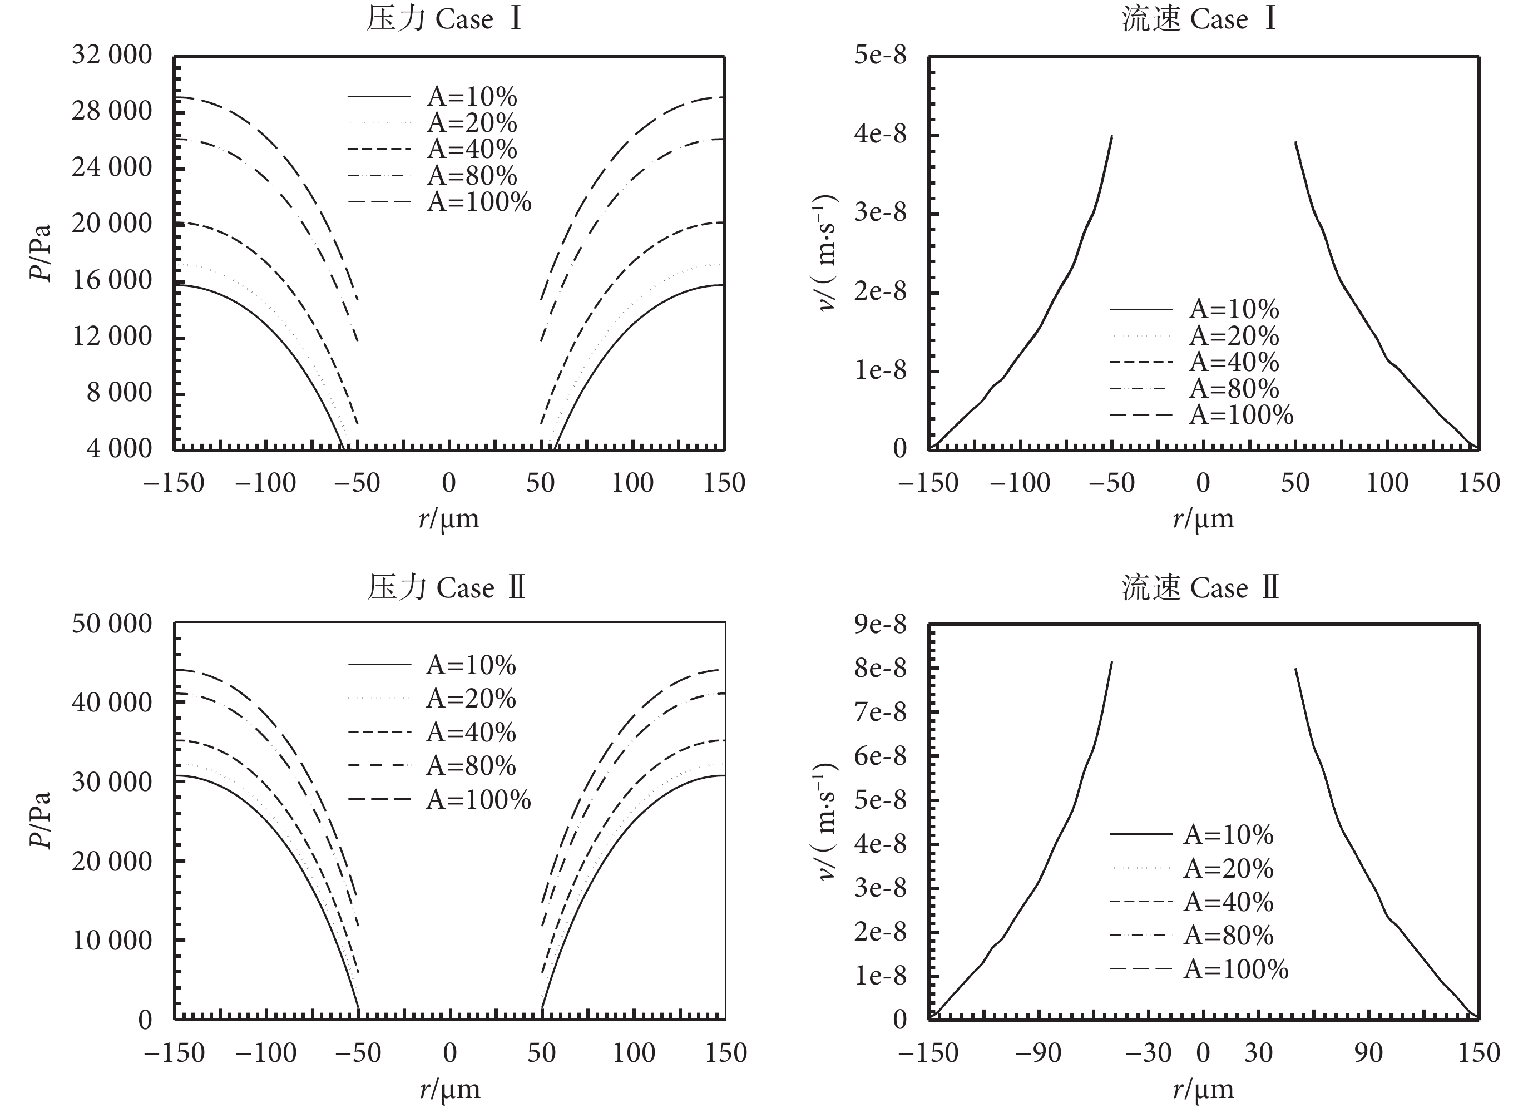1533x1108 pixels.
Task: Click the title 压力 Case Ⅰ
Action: [444, 19]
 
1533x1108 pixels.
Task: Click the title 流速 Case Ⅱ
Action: [1200, 587]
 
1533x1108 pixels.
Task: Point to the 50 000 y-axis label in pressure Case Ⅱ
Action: [112, 624]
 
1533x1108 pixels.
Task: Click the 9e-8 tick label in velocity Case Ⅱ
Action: [881, 624]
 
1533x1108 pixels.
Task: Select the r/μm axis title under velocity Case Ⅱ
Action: [1203, 1089]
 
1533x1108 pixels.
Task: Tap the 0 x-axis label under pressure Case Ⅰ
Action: [449, 483]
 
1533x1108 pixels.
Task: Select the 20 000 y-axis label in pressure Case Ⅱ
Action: [112, 861]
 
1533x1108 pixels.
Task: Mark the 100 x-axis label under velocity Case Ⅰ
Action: [1387, 483]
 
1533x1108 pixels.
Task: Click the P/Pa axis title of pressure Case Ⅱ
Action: [41, 819]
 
